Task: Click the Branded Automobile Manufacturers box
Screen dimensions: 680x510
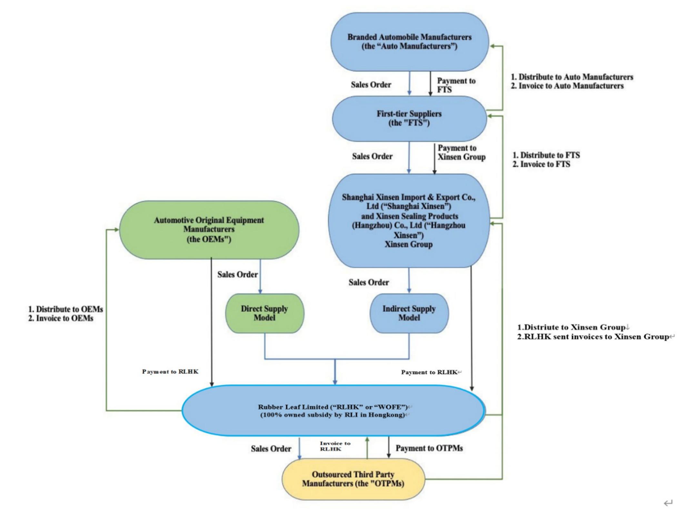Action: tap(410, 42)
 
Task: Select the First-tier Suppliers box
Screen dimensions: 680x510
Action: tap(409, 118)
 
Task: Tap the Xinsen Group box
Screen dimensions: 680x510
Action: tap(409, 221)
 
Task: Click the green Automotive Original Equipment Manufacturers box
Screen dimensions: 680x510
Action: tap(209, 230)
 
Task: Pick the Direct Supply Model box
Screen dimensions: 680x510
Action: tap(265, 313)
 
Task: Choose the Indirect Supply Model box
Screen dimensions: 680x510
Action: tap(409, 313)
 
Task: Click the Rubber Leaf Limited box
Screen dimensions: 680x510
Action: tap(333, 411)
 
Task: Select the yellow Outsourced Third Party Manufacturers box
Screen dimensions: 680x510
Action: tap(353, 479)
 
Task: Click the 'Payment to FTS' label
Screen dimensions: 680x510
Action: tap(456, 85)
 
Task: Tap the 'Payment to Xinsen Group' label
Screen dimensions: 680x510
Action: tap(462, 152)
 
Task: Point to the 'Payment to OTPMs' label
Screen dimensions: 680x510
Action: tap(429, 448)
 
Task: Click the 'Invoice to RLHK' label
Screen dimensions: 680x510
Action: tap(335, 446)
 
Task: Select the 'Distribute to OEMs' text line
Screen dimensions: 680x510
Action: tap(66, 309)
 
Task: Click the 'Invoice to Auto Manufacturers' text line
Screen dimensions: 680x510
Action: tap(567, 86)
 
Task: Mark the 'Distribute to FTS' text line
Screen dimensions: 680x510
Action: tap(546, 155)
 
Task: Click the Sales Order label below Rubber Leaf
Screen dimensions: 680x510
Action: tap(271, 449)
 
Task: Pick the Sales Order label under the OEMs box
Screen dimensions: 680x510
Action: tap(237, 275)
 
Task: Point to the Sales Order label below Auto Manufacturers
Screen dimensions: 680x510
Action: tap(371, 85)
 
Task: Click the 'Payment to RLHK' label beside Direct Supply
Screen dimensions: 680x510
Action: tap(170, 372)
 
